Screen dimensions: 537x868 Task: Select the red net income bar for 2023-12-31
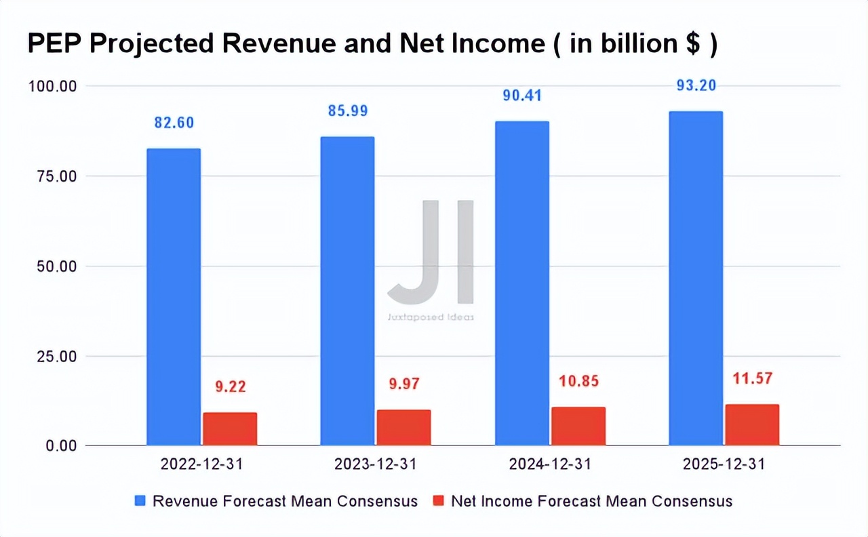pyautogui.click(x=403, y=427)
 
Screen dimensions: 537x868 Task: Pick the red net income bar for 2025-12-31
pyautogui.click(x=752, y=424)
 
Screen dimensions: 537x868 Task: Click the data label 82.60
pyautogui.click(x=174, y=123)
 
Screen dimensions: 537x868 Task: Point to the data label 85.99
pyautogui.click(x=347, y=111)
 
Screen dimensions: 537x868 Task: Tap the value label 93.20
pyautogui.click(x=696, y=85)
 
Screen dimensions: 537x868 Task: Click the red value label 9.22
pyautogui.click(x=230, y=387)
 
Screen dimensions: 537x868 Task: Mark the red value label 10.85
pyautogui.click(x=578, y=381)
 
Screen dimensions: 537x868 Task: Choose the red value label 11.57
pyautogui.click(x=752, y=378)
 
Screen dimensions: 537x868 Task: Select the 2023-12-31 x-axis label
pyautogui.click(x=376, y=464)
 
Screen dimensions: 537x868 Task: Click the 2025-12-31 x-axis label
pyautogui.click(x=724, y=464)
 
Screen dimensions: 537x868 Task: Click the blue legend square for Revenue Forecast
pyautogui.click(x=140, y=501)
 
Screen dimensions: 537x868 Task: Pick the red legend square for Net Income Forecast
pyautogui.click(x=438, y=501)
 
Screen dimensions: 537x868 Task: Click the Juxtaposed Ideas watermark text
pyautogui.click(x=431, y=317)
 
